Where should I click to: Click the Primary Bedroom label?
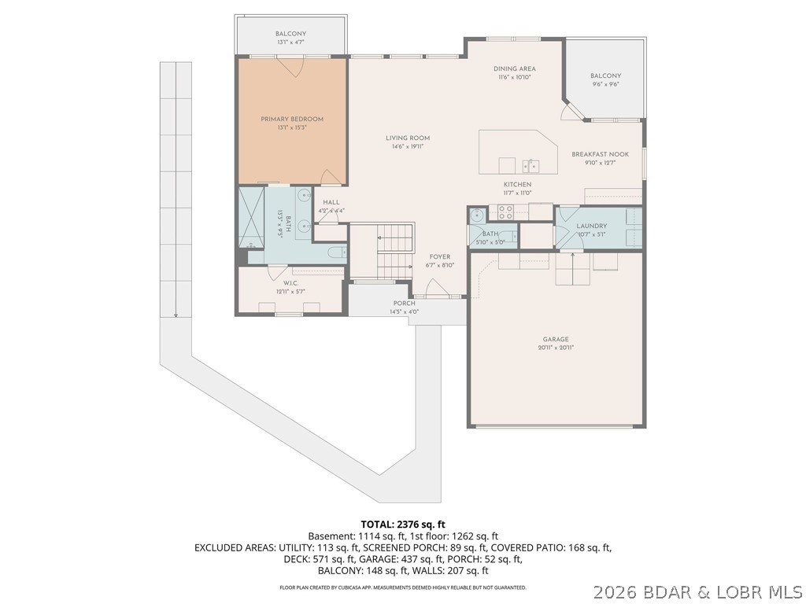[x=292, y=120]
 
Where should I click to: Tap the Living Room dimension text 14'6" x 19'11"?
[x=408, y=147]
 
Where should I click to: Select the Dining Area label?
[x=515, y=69]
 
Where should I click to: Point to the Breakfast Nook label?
[x=600, y=154]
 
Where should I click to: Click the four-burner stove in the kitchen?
[x=504, y=212]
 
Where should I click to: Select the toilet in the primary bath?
[x=335, y=252]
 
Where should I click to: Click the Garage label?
[x=555, y=339]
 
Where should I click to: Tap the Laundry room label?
[x=591, y=226]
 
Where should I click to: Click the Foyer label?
[x=439, y=257]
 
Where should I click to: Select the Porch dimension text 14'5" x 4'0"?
[x=405, y=311]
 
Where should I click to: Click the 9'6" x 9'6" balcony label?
[x=605, y=76]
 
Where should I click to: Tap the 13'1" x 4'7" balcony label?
[x=290, y=34]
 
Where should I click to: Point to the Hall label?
[x=331, y=202]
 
